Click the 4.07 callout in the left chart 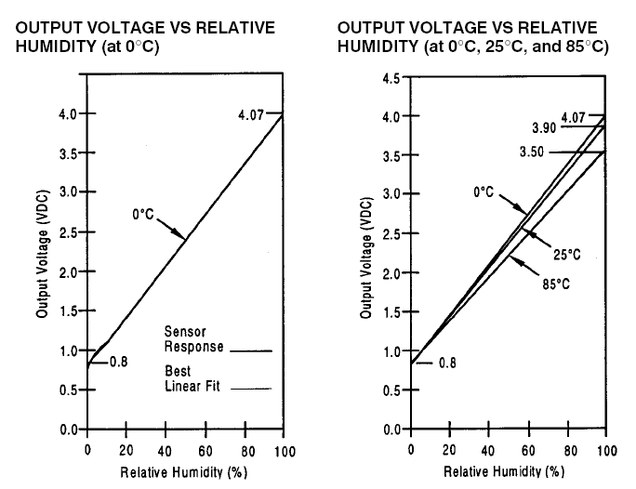tap(251, 114)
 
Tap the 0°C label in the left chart tap(143, 215)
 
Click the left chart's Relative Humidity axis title tap(184, 472)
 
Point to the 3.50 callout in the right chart tap(534, 152)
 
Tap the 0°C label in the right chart tap(484, 193)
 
